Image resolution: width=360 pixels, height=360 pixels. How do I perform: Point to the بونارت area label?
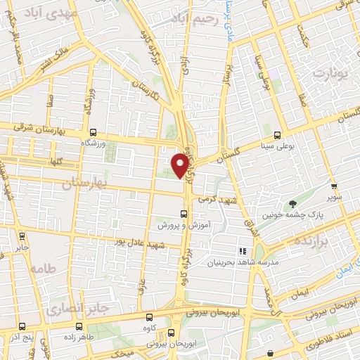[330, 72]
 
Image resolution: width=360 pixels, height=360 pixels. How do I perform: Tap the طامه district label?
[43, 269]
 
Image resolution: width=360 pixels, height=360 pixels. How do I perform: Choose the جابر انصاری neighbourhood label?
[72, 308]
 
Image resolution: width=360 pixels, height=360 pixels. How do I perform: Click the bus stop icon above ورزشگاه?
[93, 131]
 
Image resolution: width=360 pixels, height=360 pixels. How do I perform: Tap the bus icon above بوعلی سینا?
[276, 135]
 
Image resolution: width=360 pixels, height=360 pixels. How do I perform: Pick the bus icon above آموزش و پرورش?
[184, 214]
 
